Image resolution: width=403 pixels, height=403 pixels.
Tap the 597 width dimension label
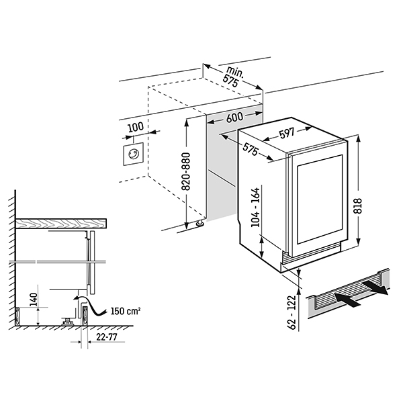(287, 133)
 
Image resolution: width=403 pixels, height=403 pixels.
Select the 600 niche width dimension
(234, 116)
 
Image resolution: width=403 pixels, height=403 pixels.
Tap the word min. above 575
(234, 72)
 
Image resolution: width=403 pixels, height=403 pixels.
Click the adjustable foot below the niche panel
(199, 223)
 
